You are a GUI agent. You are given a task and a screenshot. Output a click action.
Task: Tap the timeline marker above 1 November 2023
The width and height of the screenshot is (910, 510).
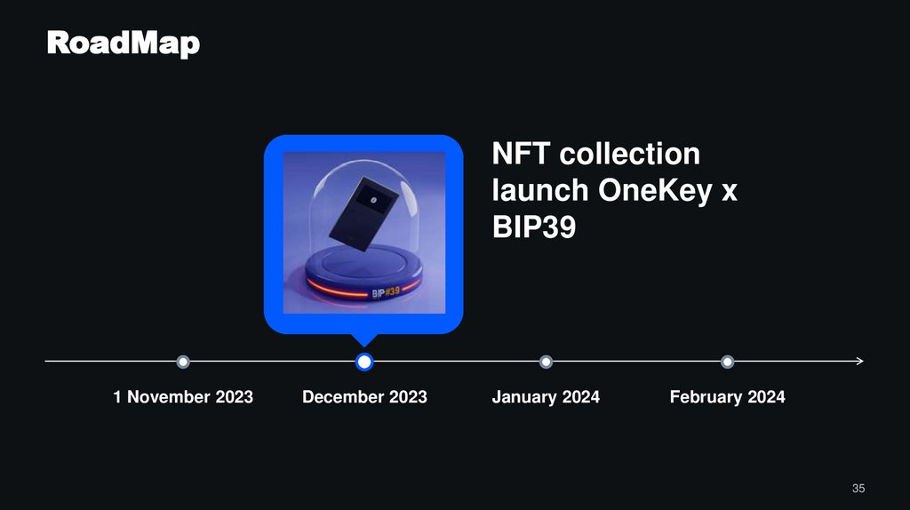(x=183, y=362)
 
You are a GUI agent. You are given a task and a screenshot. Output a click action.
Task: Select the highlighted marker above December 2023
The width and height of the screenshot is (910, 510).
(x=363, y=362)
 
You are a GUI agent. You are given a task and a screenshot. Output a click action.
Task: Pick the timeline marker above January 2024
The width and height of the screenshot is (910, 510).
(x=546, y=362)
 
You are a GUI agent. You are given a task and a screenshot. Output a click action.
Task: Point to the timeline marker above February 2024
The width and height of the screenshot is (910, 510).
(x=727, y=362)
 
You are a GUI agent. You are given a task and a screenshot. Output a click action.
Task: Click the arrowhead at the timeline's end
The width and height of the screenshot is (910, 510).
(x=858, y=362)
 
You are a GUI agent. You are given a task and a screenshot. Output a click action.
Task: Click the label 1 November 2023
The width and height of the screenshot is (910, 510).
(x=183, y=397)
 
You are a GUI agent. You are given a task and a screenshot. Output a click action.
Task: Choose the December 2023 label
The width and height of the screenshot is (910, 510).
(x=364, y=397)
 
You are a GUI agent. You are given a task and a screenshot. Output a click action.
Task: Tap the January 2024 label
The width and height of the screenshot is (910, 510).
(x=546, y=397)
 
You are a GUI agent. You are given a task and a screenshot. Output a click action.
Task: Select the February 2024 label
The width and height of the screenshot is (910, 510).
(x=727, y=397)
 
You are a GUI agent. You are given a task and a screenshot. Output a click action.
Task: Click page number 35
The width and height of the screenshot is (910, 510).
(x=858, y=488)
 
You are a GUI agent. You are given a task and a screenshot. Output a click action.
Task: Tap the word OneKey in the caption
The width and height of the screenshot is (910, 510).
(x=657, y=191)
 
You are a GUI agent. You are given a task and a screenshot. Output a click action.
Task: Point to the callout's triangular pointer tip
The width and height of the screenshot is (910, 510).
(x=363, y=345)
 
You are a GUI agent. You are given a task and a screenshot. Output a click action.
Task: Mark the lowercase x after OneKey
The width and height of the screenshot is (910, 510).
(x=729, y=193)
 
